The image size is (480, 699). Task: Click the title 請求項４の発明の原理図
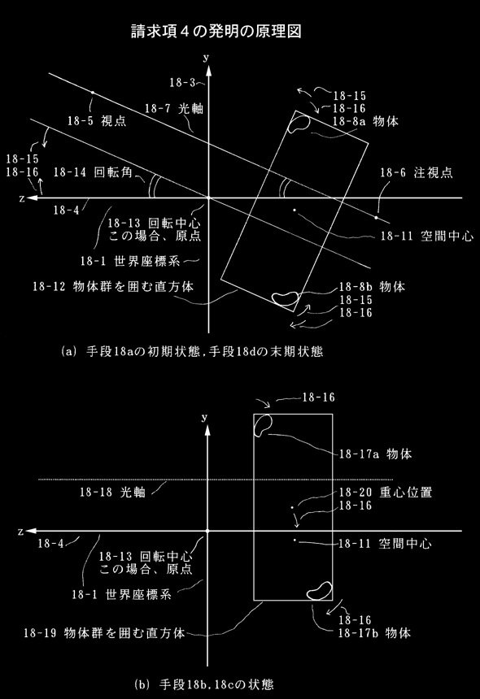coord(216,31)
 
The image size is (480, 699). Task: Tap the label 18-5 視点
coord(97,120)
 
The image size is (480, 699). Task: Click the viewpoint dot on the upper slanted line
coord(93,93)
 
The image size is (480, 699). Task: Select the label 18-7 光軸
coord(173,108)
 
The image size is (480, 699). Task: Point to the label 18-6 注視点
coord(417,172)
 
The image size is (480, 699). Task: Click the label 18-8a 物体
coord(365,121)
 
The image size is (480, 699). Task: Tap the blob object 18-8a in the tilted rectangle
coord(299,123)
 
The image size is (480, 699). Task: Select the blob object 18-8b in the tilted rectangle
coord(286,298)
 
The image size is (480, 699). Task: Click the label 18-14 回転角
coord(93,172)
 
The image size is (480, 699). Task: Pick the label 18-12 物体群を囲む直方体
coord(113,286)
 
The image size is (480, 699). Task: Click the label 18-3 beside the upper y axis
coord(182,82)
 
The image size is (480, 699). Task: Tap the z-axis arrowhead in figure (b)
coord(31,531)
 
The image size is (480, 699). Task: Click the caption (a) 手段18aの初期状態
coord(131,352)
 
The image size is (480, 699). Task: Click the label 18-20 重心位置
coord(386,493)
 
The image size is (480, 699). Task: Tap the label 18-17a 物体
coord(376,454)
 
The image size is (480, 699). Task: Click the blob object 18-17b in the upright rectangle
coord(320,591)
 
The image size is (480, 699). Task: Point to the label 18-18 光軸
coord(113,492)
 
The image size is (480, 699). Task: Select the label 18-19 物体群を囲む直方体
coord(104,632)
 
